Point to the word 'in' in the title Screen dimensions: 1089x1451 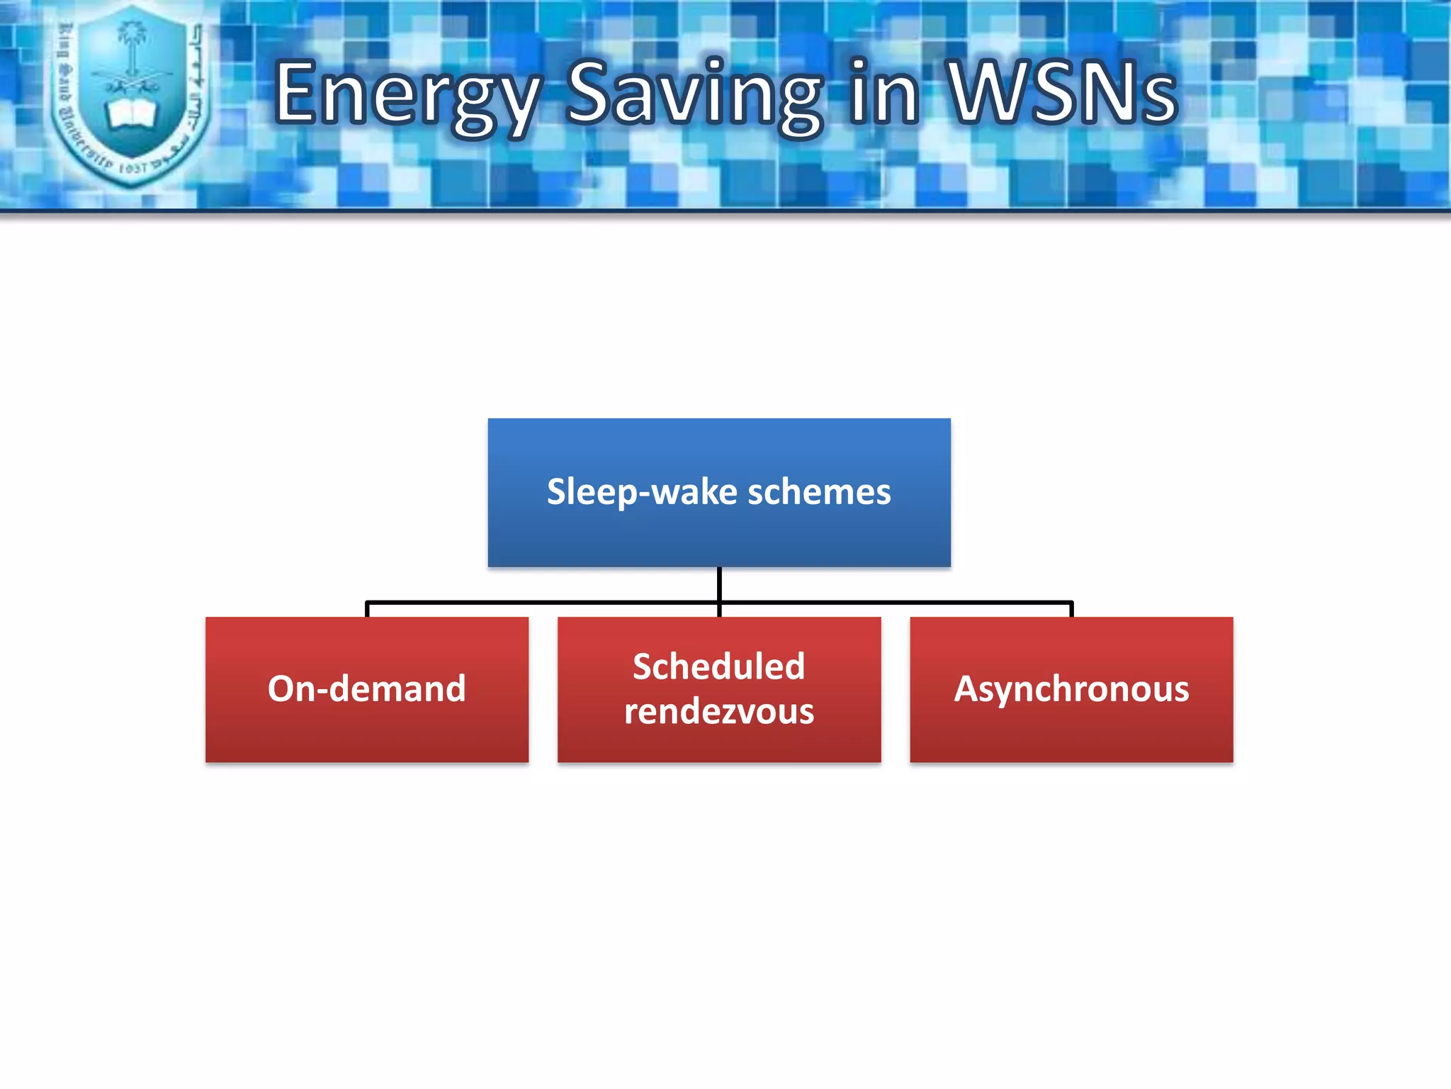click(x=884, y=92)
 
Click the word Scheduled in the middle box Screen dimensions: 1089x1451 click(x=719, y=666)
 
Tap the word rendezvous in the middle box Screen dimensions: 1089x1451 click(x=719, y=711)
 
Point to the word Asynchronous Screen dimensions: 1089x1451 click(x=1071, y=689)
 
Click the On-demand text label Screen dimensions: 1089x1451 click(x=367, y=689)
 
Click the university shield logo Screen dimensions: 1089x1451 click(x=132, y=96)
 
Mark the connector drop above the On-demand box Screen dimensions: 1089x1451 click(x=367, y=609)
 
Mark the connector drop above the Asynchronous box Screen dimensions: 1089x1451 click(x=1071, y=609)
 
